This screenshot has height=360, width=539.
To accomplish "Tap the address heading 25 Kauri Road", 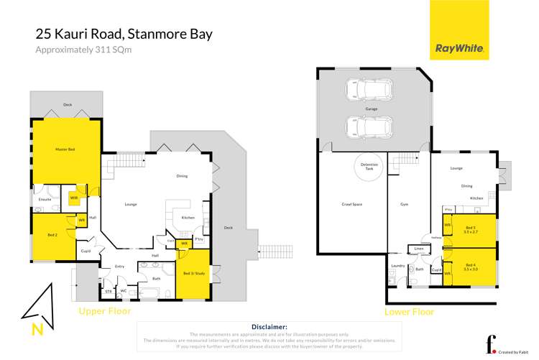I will [123, 34].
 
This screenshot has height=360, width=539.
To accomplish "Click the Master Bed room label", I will [65, 149].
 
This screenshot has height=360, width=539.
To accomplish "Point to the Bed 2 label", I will [52, 235].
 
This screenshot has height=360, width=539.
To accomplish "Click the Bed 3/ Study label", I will [192, 274].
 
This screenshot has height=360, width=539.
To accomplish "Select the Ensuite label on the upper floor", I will [45, 199].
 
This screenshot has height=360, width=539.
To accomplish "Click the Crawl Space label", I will [351, 204].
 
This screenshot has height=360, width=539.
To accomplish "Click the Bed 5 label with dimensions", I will [471, 231].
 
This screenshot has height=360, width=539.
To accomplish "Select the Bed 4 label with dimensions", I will [471, 267].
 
